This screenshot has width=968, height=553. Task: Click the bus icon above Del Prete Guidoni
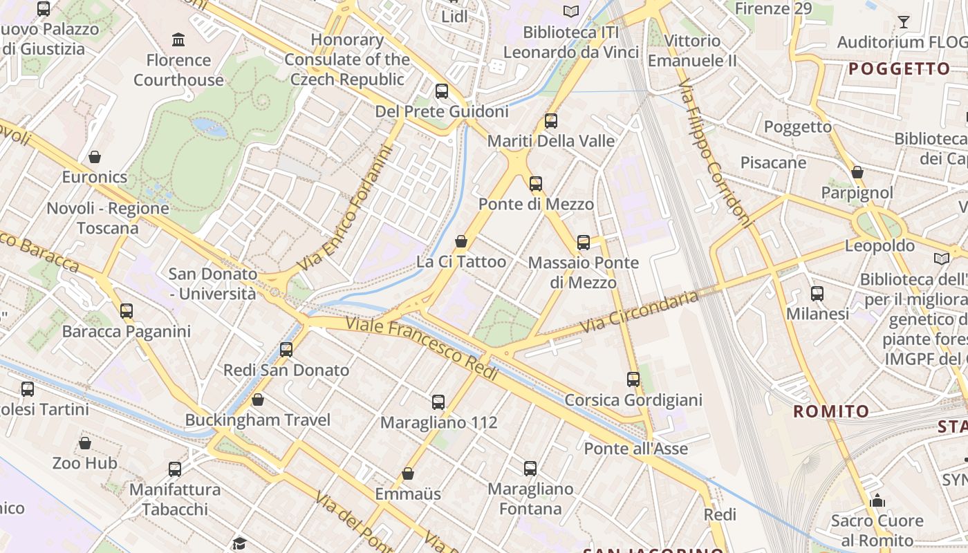coord(441,91)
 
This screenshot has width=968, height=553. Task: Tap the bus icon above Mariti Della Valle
coord(550,121)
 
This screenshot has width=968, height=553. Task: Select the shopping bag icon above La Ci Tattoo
coord(461,241)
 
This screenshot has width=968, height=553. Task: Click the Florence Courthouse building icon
coord(178,39)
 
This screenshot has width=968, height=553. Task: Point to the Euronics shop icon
coord(95,157)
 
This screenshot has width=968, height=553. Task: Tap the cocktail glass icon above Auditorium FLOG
coord(903,22)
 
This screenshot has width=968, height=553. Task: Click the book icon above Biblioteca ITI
coord(570,11)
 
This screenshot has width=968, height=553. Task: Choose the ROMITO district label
coord(830,412)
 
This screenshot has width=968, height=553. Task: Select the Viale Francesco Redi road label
coord(422,348)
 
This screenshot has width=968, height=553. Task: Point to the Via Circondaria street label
coord(640,312)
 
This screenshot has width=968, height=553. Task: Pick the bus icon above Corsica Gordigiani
coord(633,379)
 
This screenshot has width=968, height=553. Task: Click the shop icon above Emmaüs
coord(408,474)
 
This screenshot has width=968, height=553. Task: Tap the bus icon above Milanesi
coord(817,293)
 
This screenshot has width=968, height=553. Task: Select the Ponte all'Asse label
coord(635,449)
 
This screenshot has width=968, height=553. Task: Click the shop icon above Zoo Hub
coord(85,442)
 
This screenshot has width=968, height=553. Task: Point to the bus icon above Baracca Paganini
coord(126,311)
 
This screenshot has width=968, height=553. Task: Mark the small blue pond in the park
coord(210,126)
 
